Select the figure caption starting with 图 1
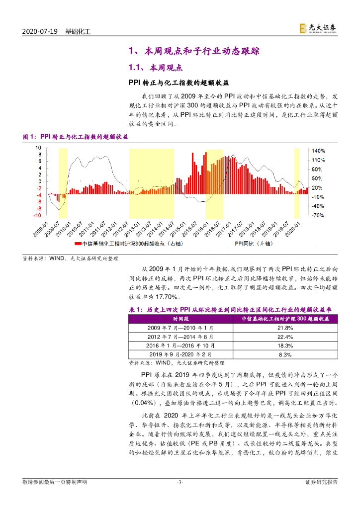(x=76, y=137)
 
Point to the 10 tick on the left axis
(x=38, y=148)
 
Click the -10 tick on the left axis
(x=37, y=216)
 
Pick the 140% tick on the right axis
(x=318, y=150)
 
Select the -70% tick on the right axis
(x=318, y=216)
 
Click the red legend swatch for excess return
(x=78, y=244)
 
